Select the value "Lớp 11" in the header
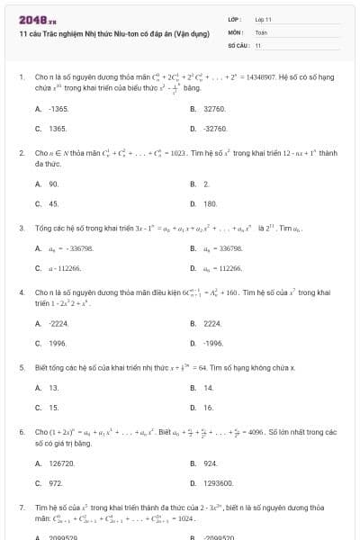tap(264, 19)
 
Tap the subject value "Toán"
tap(261, 31)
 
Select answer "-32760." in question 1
tap(215, 129)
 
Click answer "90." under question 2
tap(54, 184)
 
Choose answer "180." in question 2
tap(211, 204)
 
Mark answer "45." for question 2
tap(54, 204)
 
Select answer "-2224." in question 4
tap(58, 322)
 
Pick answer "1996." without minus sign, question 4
tap(58, 343)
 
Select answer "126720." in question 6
tap(61, 463)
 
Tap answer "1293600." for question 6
tap(218, 484)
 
